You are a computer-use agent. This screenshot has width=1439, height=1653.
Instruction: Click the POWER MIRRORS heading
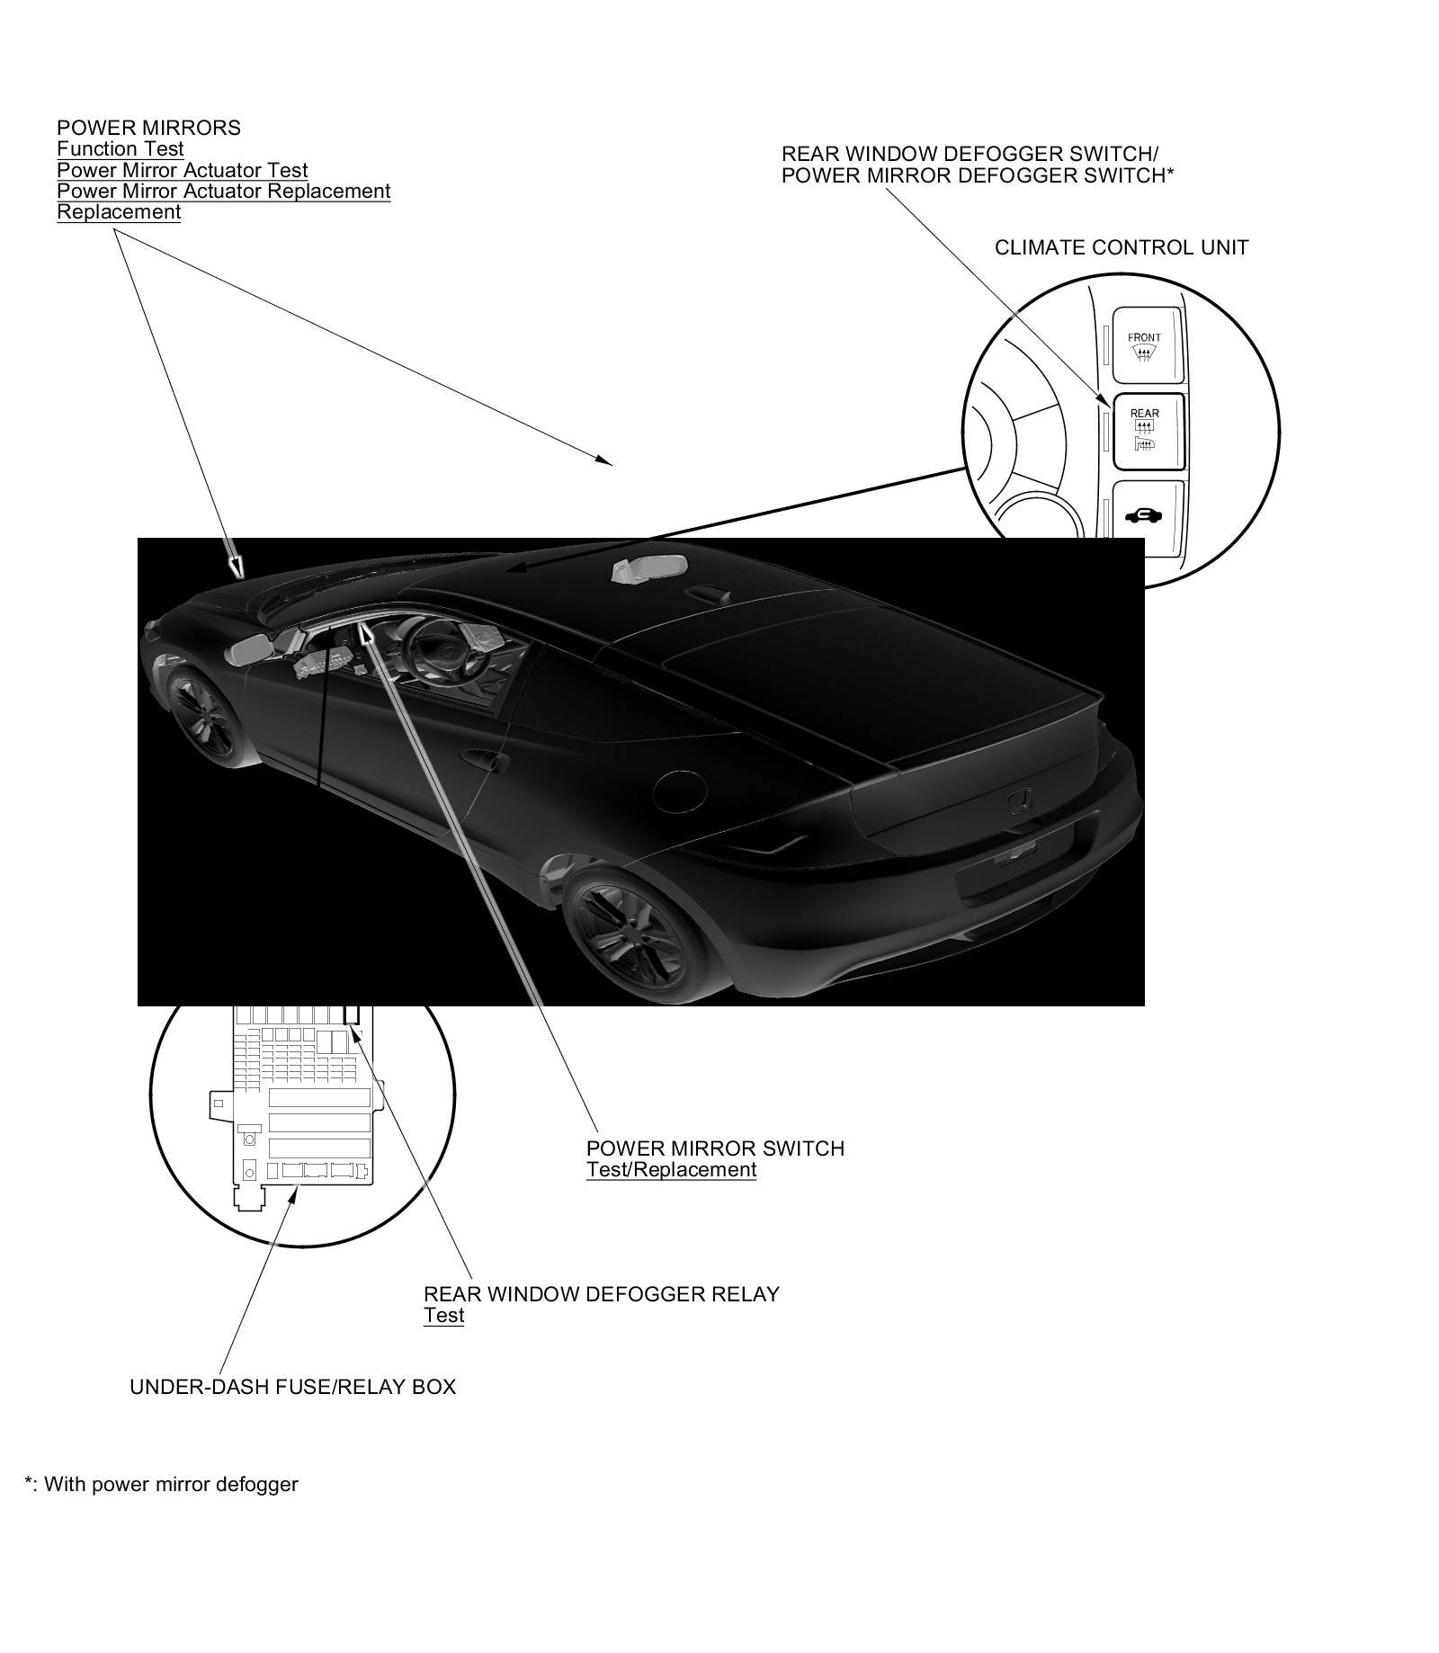(148, 128)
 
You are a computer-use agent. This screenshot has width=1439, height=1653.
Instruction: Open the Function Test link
(121, 149)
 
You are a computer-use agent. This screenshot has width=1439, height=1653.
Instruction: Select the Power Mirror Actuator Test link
(183, 170)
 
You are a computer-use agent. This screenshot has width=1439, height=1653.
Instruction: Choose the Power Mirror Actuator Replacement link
(224, 191)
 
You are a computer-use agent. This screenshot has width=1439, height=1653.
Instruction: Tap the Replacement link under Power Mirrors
(119, 212)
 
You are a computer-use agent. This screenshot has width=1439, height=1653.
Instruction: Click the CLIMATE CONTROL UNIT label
(1121, 247)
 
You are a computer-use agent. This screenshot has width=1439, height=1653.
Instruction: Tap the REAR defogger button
(1148, 432)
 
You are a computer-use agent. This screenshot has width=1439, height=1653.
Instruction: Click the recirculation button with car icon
(1148, 516)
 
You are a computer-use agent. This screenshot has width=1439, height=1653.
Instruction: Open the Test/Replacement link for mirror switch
(671, 1170)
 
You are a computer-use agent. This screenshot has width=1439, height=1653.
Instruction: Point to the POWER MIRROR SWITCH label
(715, 1148)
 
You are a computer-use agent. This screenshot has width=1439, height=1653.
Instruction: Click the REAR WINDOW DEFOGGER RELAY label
(601, 1294)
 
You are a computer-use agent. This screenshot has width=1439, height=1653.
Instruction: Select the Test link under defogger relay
(443, 1316)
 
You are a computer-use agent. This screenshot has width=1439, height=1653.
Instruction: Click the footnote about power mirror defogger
(162, 1485)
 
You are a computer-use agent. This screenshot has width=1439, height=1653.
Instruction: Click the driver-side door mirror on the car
(251, 649)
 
